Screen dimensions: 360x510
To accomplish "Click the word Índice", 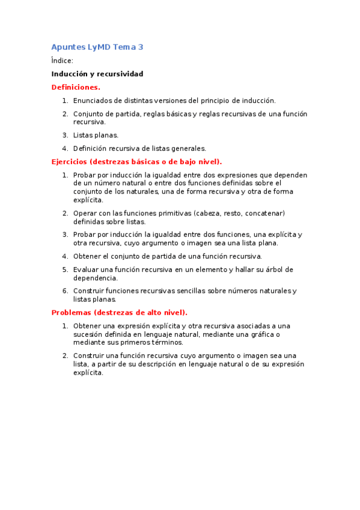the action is pyautogui.click(x=62, y=61).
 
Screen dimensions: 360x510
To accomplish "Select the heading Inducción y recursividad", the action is pyautogui.click(x=97, y=74).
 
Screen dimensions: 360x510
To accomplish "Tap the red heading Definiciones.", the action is pyautogui.click(x=76, y=87).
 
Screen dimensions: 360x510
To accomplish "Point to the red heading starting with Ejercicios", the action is pyautogui.click(x=136, y=162).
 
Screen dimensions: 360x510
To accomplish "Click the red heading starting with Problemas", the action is pyautogui.click(x=119, y=312).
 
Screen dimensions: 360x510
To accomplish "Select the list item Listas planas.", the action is pyautogui.click(x=96, y=135).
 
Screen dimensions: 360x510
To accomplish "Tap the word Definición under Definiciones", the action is pyautogui.click(x=91, y=149).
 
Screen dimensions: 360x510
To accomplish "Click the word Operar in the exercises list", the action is pyautogui.click(x=85, y=213).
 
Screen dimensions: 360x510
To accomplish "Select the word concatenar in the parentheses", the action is pyautogui.click(x=264, y=213).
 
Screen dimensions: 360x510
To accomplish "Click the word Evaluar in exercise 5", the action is pyautogui.click(x=86, y=269).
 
